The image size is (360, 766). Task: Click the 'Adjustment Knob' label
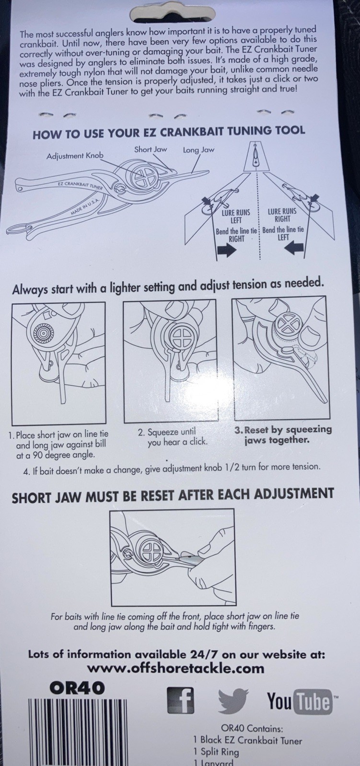[x=75, y=156]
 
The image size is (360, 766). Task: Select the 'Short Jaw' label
[x=151, y=149]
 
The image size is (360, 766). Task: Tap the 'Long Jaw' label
[x=198, y=150]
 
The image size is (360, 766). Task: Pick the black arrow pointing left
[x=294, y=249]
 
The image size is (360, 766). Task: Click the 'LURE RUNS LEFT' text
[x=236, y=216]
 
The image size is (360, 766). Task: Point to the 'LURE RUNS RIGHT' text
[x=282, y=215]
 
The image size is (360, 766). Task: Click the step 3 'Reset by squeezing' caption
[x=283, y=434]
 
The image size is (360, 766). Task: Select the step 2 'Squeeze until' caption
[x=173, y=437]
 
